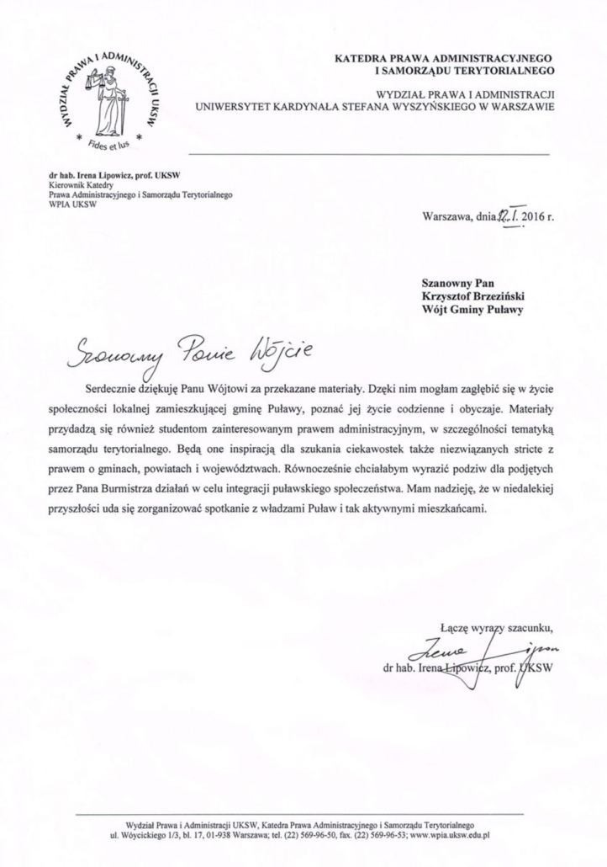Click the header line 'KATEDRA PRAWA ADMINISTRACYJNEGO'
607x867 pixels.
pyautogui.click(x=449, y=59)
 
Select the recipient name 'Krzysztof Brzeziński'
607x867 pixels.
pyautogui.click(x=483, y=295)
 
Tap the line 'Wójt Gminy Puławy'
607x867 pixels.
pyautogui.click(x=484, y=310)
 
